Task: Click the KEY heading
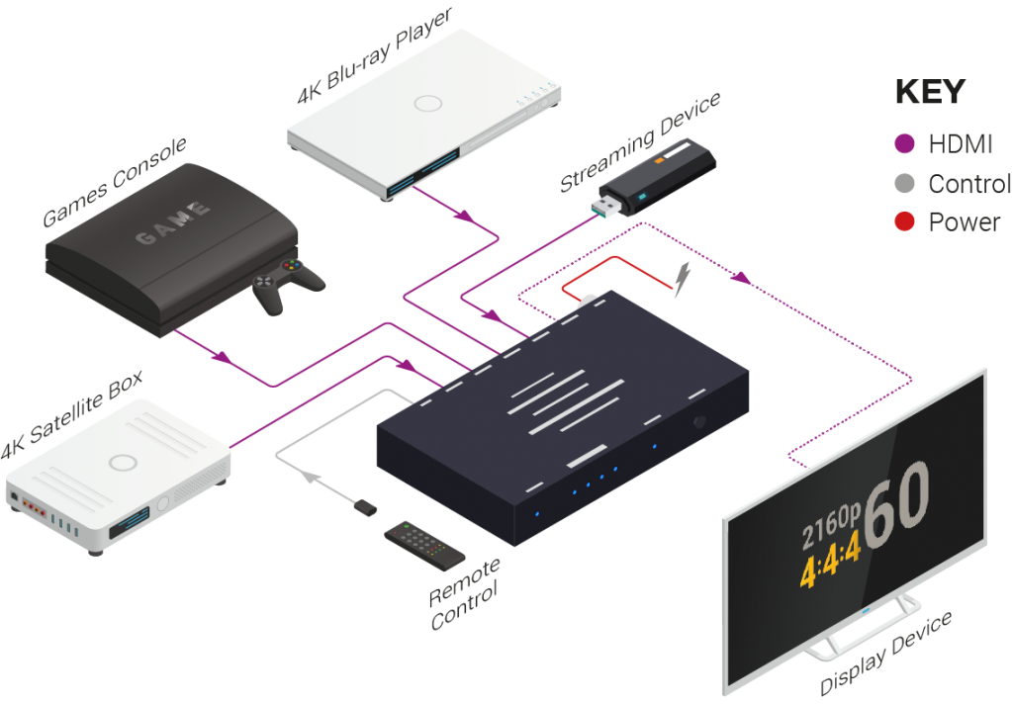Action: [x=929, y=92]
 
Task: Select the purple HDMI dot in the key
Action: [x=903, y=144]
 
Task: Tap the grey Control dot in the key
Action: [x=903, y=184]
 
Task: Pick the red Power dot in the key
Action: [x=903, y=222]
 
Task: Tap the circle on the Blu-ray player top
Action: [x=428, y=103]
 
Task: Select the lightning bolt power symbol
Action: [x=683, y=280]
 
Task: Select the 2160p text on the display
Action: [x=829, y=530]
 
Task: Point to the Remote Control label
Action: [x=465, y=593]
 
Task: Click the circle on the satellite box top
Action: [x=123, y=462]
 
